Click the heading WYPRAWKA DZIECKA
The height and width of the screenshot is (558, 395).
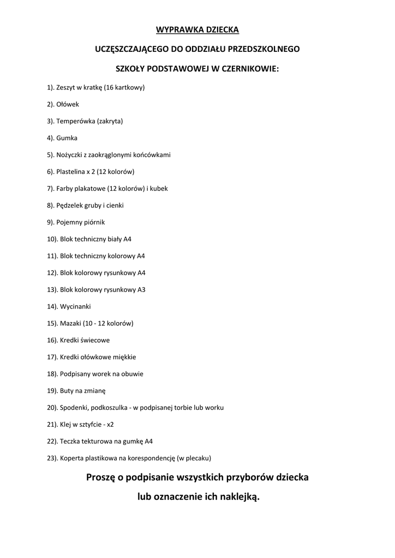click(197, 29)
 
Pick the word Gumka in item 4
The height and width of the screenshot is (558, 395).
click(67, 138)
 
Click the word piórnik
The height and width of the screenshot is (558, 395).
click(94, 222)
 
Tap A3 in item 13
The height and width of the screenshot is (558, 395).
click(141, 289)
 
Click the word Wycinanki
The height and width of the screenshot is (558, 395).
click(75, 306)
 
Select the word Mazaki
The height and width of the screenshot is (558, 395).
click(71, 323)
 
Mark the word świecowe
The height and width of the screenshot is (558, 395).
click(95, 340)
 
